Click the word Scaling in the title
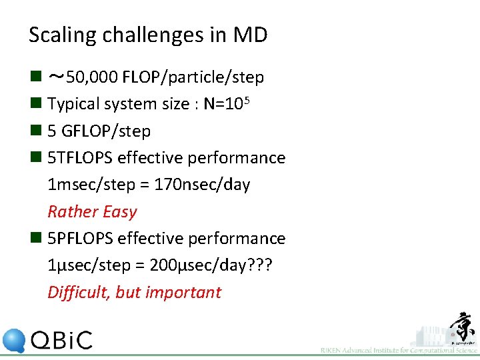58,35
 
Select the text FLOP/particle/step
193,77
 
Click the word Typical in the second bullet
73,104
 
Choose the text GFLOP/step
105,131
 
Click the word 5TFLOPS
80,158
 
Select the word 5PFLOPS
80,238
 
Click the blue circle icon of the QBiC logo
14,341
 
